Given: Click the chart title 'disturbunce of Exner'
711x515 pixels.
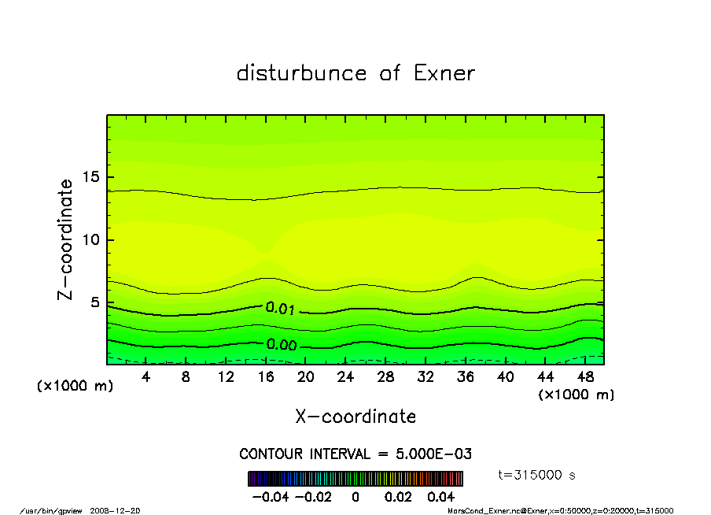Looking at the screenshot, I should (355, 73).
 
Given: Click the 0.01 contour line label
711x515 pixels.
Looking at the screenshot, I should (280, 309).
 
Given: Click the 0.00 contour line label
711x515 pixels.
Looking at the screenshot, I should (281, 345).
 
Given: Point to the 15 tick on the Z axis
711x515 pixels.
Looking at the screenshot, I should (91, 177).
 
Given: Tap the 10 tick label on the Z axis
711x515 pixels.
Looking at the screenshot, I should (91, 240).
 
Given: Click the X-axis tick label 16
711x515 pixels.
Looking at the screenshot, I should (266, 377).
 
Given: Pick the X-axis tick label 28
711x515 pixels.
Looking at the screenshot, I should (385, 377).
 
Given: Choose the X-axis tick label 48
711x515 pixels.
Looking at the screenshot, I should (585, 377).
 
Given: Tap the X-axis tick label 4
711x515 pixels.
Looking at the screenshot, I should (146, 377).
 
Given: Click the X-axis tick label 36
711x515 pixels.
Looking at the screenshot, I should (466, 377).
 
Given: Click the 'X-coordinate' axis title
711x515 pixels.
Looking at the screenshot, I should (355, 417).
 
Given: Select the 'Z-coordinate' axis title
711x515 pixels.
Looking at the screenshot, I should (65, 239).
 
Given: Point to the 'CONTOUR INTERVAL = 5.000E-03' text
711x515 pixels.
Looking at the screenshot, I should (355, 454).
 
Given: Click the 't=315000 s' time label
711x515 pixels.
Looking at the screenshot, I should (539, 475).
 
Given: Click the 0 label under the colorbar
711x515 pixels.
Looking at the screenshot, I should (355, 498).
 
